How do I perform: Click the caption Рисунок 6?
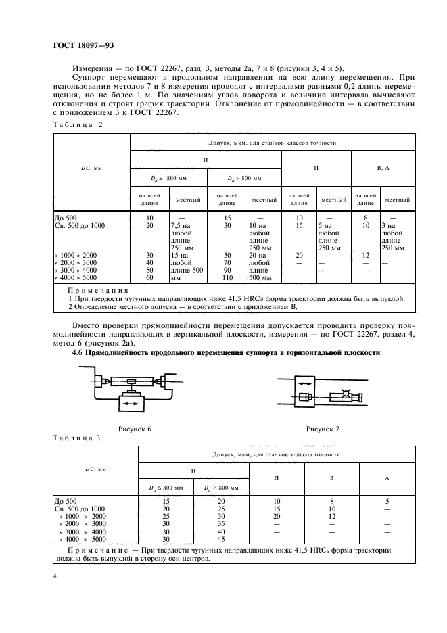(x=135, y=429)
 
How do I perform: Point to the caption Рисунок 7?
(x=323, y=429)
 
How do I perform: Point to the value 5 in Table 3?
(x=386, y=501)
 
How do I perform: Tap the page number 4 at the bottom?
(x=55, y=577)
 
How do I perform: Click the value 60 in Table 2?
(x=149, y=277)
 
